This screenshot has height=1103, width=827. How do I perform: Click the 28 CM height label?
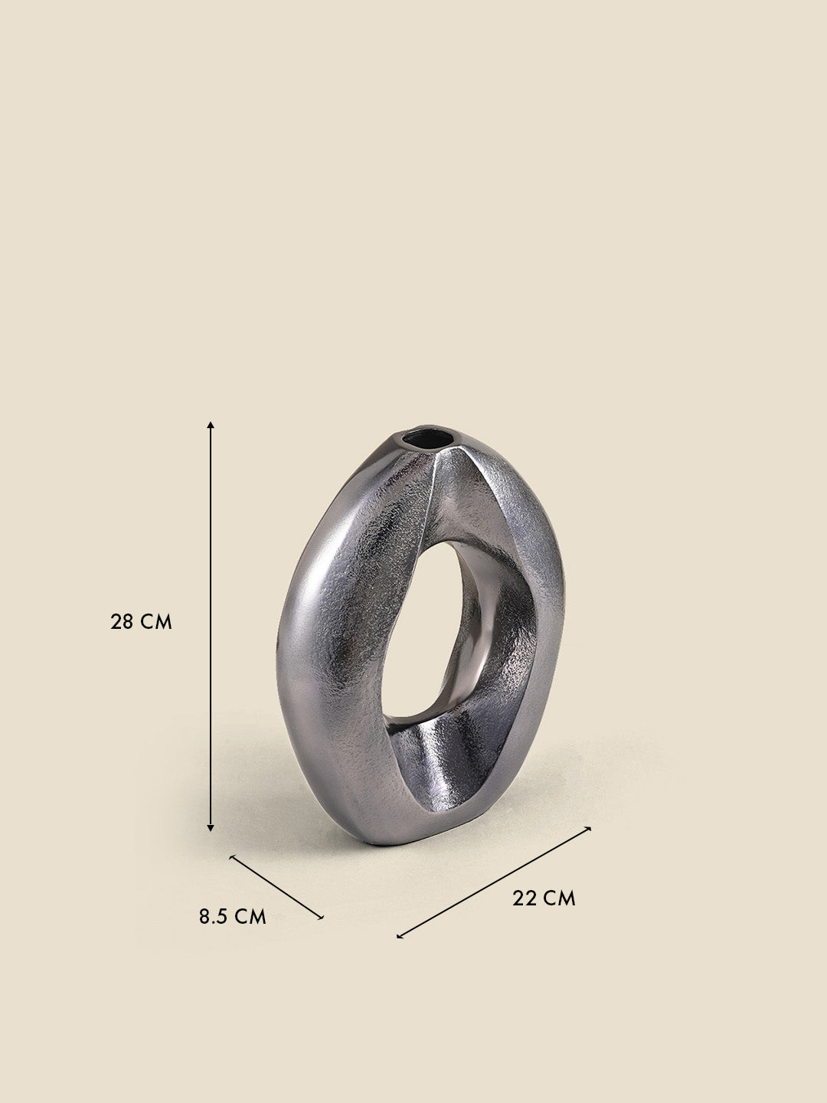click(142, 621)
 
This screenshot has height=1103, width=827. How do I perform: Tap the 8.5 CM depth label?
click(233, 916)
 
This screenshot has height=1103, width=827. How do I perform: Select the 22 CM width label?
click(544, 898)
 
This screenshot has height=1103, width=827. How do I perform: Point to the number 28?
click(123, 621)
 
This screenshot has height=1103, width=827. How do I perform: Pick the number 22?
click(525, 898)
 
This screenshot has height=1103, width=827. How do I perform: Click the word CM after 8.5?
click(250, 916)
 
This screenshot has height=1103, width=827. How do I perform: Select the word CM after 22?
click(560, 898)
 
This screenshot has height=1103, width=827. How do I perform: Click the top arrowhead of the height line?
click(211, 423)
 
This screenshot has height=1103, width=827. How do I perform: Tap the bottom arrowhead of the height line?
click(211, 828)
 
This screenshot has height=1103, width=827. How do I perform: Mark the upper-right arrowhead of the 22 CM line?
click(589, 828)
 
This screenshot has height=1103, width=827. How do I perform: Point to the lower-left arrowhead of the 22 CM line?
click(400, 936)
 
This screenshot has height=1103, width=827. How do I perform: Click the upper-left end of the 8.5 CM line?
click(231, 856)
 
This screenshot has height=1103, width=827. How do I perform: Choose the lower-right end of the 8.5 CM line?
click(322, 916)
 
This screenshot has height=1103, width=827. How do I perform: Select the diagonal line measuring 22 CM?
click(495, 882)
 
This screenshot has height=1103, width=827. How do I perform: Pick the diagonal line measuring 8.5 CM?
click(277, 886)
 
